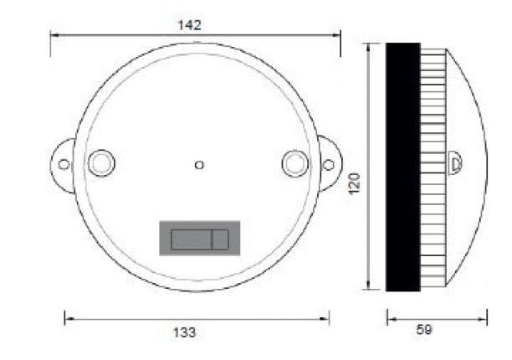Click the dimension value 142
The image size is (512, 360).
point(190,24)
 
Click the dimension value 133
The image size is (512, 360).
point(185,332)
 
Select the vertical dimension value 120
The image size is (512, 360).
point(354,184)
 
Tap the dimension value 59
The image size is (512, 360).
point(424,330)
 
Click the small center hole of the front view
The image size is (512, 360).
point(198,165)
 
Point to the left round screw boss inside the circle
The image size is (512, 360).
point(100,162)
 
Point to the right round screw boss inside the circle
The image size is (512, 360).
point(294,162)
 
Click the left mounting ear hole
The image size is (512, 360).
point(64,163)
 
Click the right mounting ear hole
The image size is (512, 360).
point(329,163)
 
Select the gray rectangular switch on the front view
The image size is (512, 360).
point(199,238)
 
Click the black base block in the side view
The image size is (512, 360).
point(402,167)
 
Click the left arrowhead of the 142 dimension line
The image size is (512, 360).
point(53,34)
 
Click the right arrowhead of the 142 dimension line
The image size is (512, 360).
point(339,34)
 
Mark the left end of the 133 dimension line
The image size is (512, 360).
point(66,318)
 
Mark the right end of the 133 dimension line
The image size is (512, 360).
point(328,318)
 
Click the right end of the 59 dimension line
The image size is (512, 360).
point(485,317)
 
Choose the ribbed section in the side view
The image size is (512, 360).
point(433,167)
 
